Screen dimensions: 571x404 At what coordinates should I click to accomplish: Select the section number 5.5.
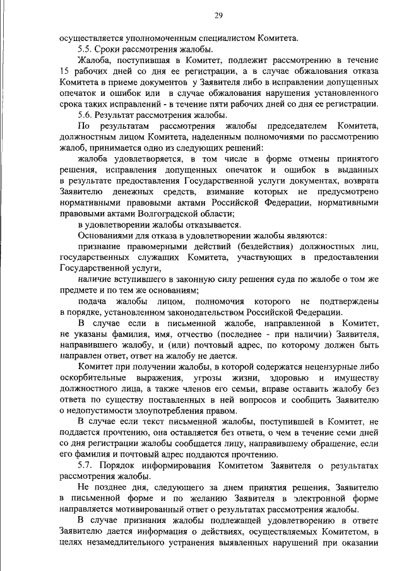point(85,49)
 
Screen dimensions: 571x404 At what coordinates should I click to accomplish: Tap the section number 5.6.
point(85,115)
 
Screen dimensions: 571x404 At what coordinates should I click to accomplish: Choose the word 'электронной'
point(311,498)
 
